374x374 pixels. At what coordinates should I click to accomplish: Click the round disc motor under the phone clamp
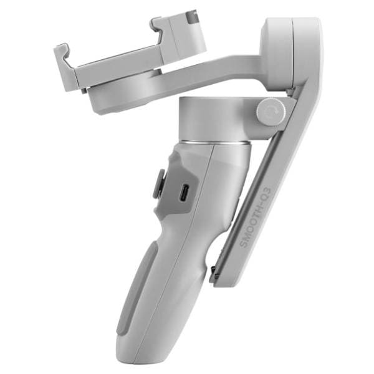pyautogui.click(x=125, y=93)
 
